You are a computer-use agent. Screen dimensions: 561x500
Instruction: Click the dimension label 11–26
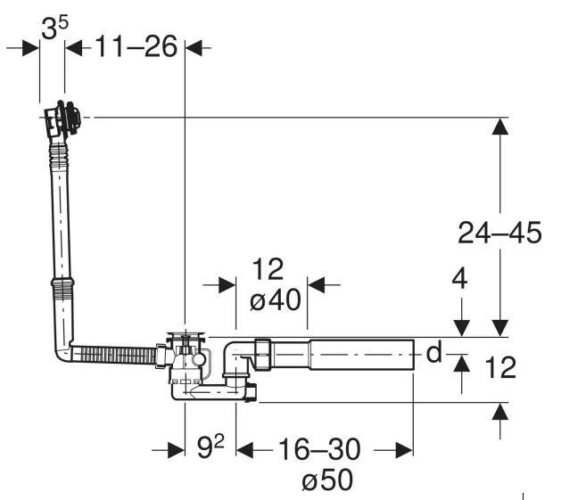click(136, 46)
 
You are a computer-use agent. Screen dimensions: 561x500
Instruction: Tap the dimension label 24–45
click(499, 233)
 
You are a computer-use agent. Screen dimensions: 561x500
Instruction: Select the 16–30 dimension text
click(319, 449)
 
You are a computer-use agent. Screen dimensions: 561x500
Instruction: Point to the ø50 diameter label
click(327, 480)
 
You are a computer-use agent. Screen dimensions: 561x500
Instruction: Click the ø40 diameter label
click(275, 299)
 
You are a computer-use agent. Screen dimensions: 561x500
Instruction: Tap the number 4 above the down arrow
click(459, 279)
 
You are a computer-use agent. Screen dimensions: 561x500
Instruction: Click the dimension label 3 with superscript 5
click(54, 28)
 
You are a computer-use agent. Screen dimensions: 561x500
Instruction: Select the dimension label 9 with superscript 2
click(210, 447)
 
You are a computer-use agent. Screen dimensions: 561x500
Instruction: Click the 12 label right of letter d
click(500, 367)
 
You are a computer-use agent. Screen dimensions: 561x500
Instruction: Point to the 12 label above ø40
click(268, 269)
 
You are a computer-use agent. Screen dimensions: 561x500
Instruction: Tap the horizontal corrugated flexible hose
click(114, 355)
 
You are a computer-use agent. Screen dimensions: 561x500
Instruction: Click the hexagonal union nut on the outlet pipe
click(262, 355)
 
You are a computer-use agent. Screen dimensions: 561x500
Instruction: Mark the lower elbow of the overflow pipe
click(63, 350)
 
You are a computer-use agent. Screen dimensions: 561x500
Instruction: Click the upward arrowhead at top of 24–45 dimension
click(499, 127)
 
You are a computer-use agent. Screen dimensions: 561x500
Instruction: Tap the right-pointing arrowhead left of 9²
click(176, 450)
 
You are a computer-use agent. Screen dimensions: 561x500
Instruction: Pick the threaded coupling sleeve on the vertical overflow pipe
click(63, 288)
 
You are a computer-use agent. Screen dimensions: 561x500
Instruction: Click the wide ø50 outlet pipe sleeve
click(362, 355)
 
